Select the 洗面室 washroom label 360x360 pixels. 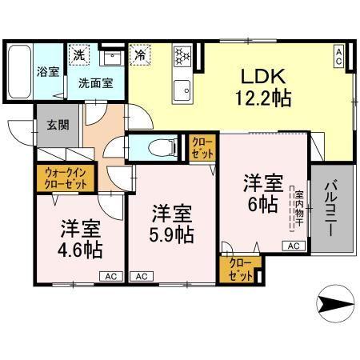tap(95, 81)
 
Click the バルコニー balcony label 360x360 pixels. tap(330, 204)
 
